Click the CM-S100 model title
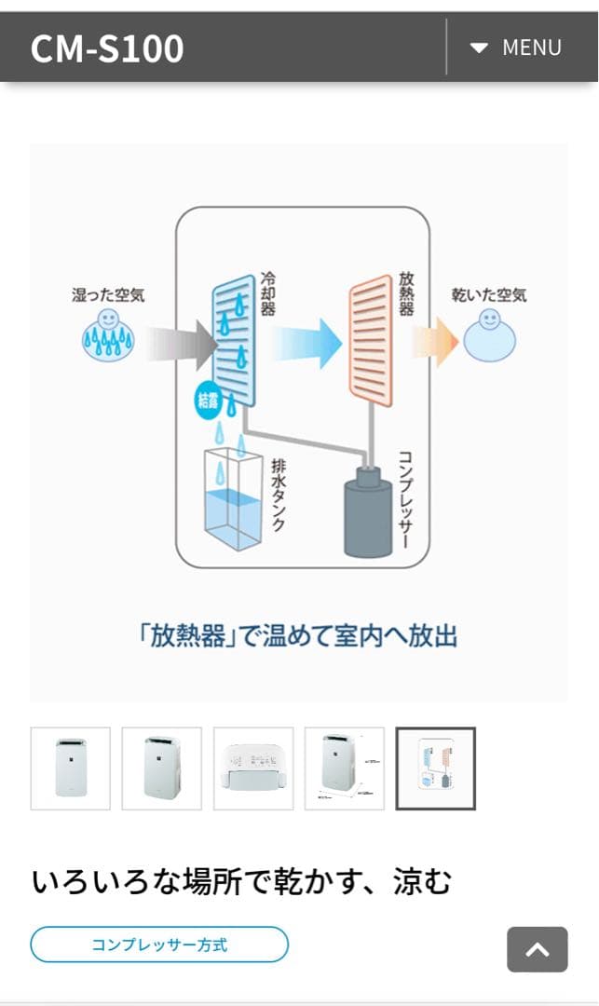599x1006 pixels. point(107,48)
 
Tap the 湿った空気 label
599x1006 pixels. point(109,295)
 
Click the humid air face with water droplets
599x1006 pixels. point(108,336)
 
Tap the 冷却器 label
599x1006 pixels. point(267,294)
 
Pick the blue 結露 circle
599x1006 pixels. point(209,401)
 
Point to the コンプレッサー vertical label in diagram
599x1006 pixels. point(405,497)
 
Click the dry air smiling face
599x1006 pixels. point(489,336)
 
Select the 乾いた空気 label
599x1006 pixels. point(489,295)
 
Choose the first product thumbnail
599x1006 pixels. point(71,768)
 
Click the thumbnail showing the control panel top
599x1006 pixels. point(253,768)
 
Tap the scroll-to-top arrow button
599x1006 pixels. point(538,949)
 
